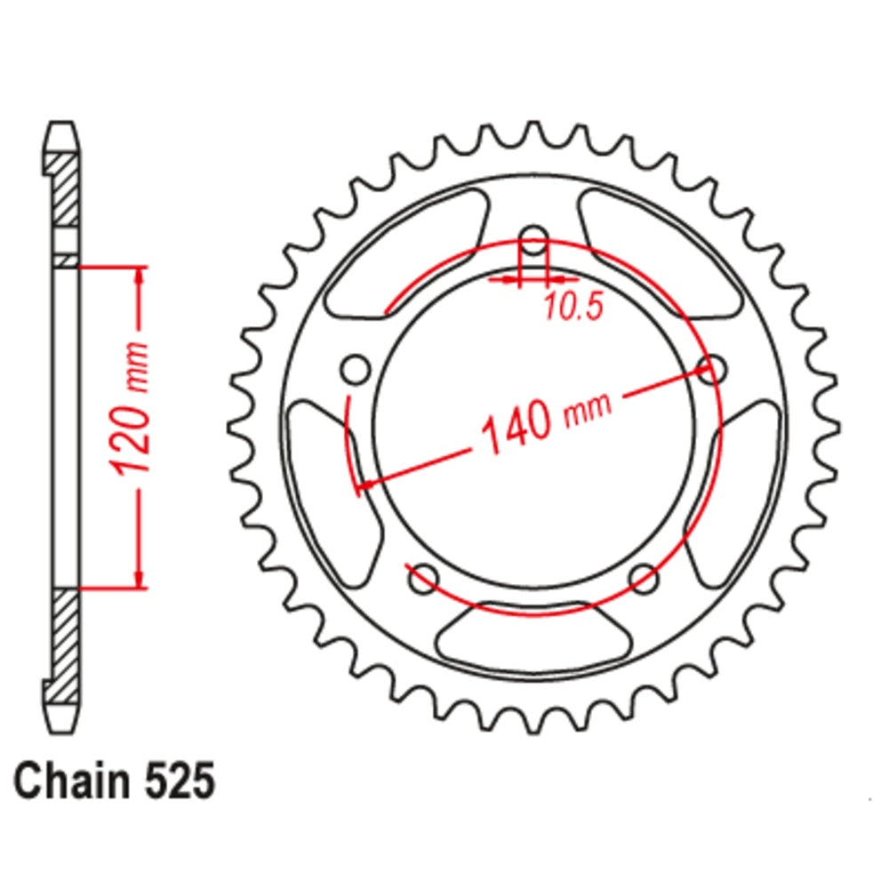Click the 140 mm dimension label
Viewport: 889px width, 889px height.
pos(545,419)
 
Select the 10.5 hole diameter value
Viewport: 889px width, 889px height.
pos(573,307)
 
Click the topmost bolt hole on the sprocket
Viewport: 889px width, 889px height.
pos(533,240)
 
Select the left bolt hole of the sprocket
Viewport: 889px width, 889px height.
pos(356,368)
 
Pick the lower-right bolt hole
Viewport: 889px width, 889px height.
pos(644,579)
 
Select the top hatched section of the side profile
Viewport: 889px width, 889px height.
pos(63,191)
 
